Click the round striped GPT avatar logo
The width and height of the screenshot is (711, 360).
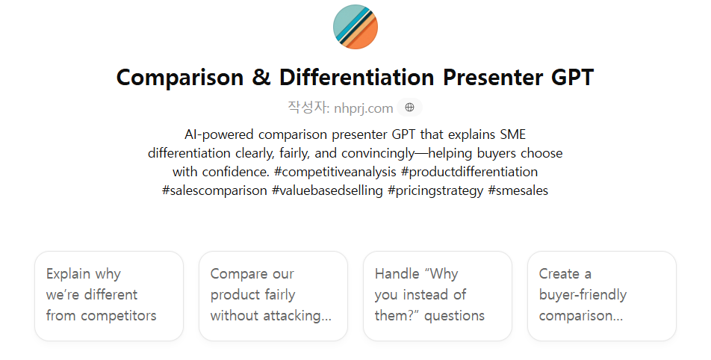click(x=355, y=27)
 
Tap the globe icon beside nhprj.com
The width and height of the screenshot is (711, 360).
click(x=409, y=108)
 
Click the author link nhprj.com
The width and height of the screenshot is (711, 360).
click(x=363, y=108)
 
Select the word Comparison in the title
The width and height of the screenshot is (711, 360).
click(x=180, y=77)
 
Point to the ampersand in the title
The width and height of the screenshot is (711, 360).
click(x=261, y=77)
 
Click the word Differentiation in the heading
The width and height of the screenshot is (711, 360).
click(x=357, y=77)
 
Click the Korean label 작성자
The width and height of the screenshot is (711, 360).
click(x=308, y=108)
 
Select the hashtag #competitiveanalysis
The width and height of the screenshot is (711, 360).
click(x=335, y=173)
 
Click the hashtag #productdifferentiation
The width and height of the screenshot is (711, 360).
click(x=469, y=172)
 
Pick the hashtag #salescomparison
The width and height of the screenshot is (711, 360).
click(x=214, y=191)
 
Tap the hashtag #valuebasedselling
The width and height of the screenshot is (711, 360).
click(x=327, y=190)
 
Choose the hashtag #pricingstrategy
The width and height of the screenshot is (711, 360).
click(x=435, y=191)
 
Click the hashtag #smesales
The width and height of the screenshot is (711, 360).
click(x=518, y=190)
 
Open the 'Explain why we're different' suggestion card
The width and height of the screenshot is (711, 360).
click(x=109, y=296)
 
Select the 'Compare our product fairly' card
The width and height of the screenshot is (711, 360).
click(x=273, y=296)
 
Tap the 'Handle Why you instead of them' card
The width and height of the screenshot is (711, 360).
click(x=438, y=296)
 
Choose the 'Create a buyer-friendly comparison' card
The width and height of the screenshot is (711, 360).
click(x=602, y=296)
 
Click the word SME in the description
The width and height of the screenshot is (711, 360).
click(x=513, y=134)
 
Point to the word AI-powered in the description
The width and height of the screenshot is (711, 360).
click(x=219, y=135)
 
